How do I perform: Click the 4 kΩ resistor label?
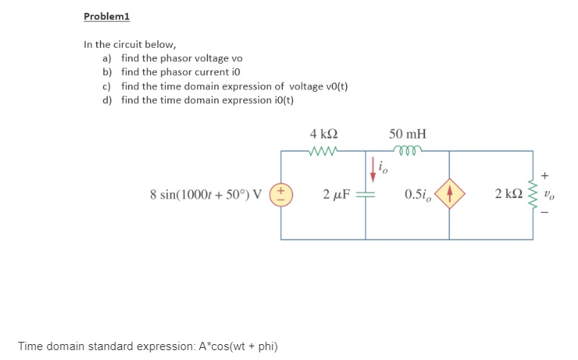pyautogui.click(x=323, y=134)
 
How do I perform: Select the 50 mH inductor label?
pyautogui.click(x=408, y=134)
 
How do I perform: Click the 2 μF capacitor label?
pyautogui.click(x=336, y=195)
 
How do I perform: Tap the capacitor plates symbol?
pyautogui.click(x=366, y=195)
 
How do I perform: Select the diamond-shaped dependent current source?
pyautogui.click(x=449, y=194)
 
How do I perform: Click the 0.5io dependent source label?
pyautogui.click(x=417, y=195)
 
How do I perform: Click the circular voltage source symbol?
pyautogui.click(x=281, y=194)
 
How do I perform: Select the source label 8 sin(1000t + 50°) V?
pyautogui.click(x=206, y=195)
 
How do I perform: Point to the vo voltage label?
pyautogui.click(x=558, y=194)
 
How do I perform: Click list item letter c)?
pyautogui.click(x=107, y=86)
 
